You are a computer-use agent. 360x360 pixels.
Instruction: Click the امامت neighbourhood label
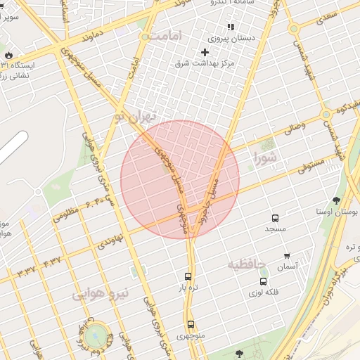coord(166,35)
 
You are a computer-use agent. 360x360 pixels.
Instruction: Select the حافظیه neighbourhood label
coord(246,264)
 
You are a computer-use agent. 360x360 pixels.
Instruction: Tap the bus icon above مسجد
coord(274,218)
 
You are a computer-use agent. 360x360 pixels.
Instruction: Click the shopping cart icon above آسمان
coord(287,256)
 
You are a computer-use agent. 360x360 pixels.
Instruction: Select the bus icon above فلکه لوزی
coord(263,281)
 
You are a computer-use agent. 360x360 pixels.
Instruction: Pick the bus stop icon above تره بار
coord(188,276)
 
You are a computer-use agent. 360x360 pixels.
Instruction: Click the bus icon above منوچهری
coord(191,324)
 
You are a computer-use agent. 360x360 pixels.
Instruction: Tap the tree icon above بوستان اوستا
coord(335,200)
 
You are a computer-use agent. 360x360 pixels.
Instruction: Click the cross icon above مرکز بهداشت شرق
coord(205,52)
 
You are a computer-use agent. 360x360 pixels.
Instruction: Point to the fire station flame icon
coord(8,55)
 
